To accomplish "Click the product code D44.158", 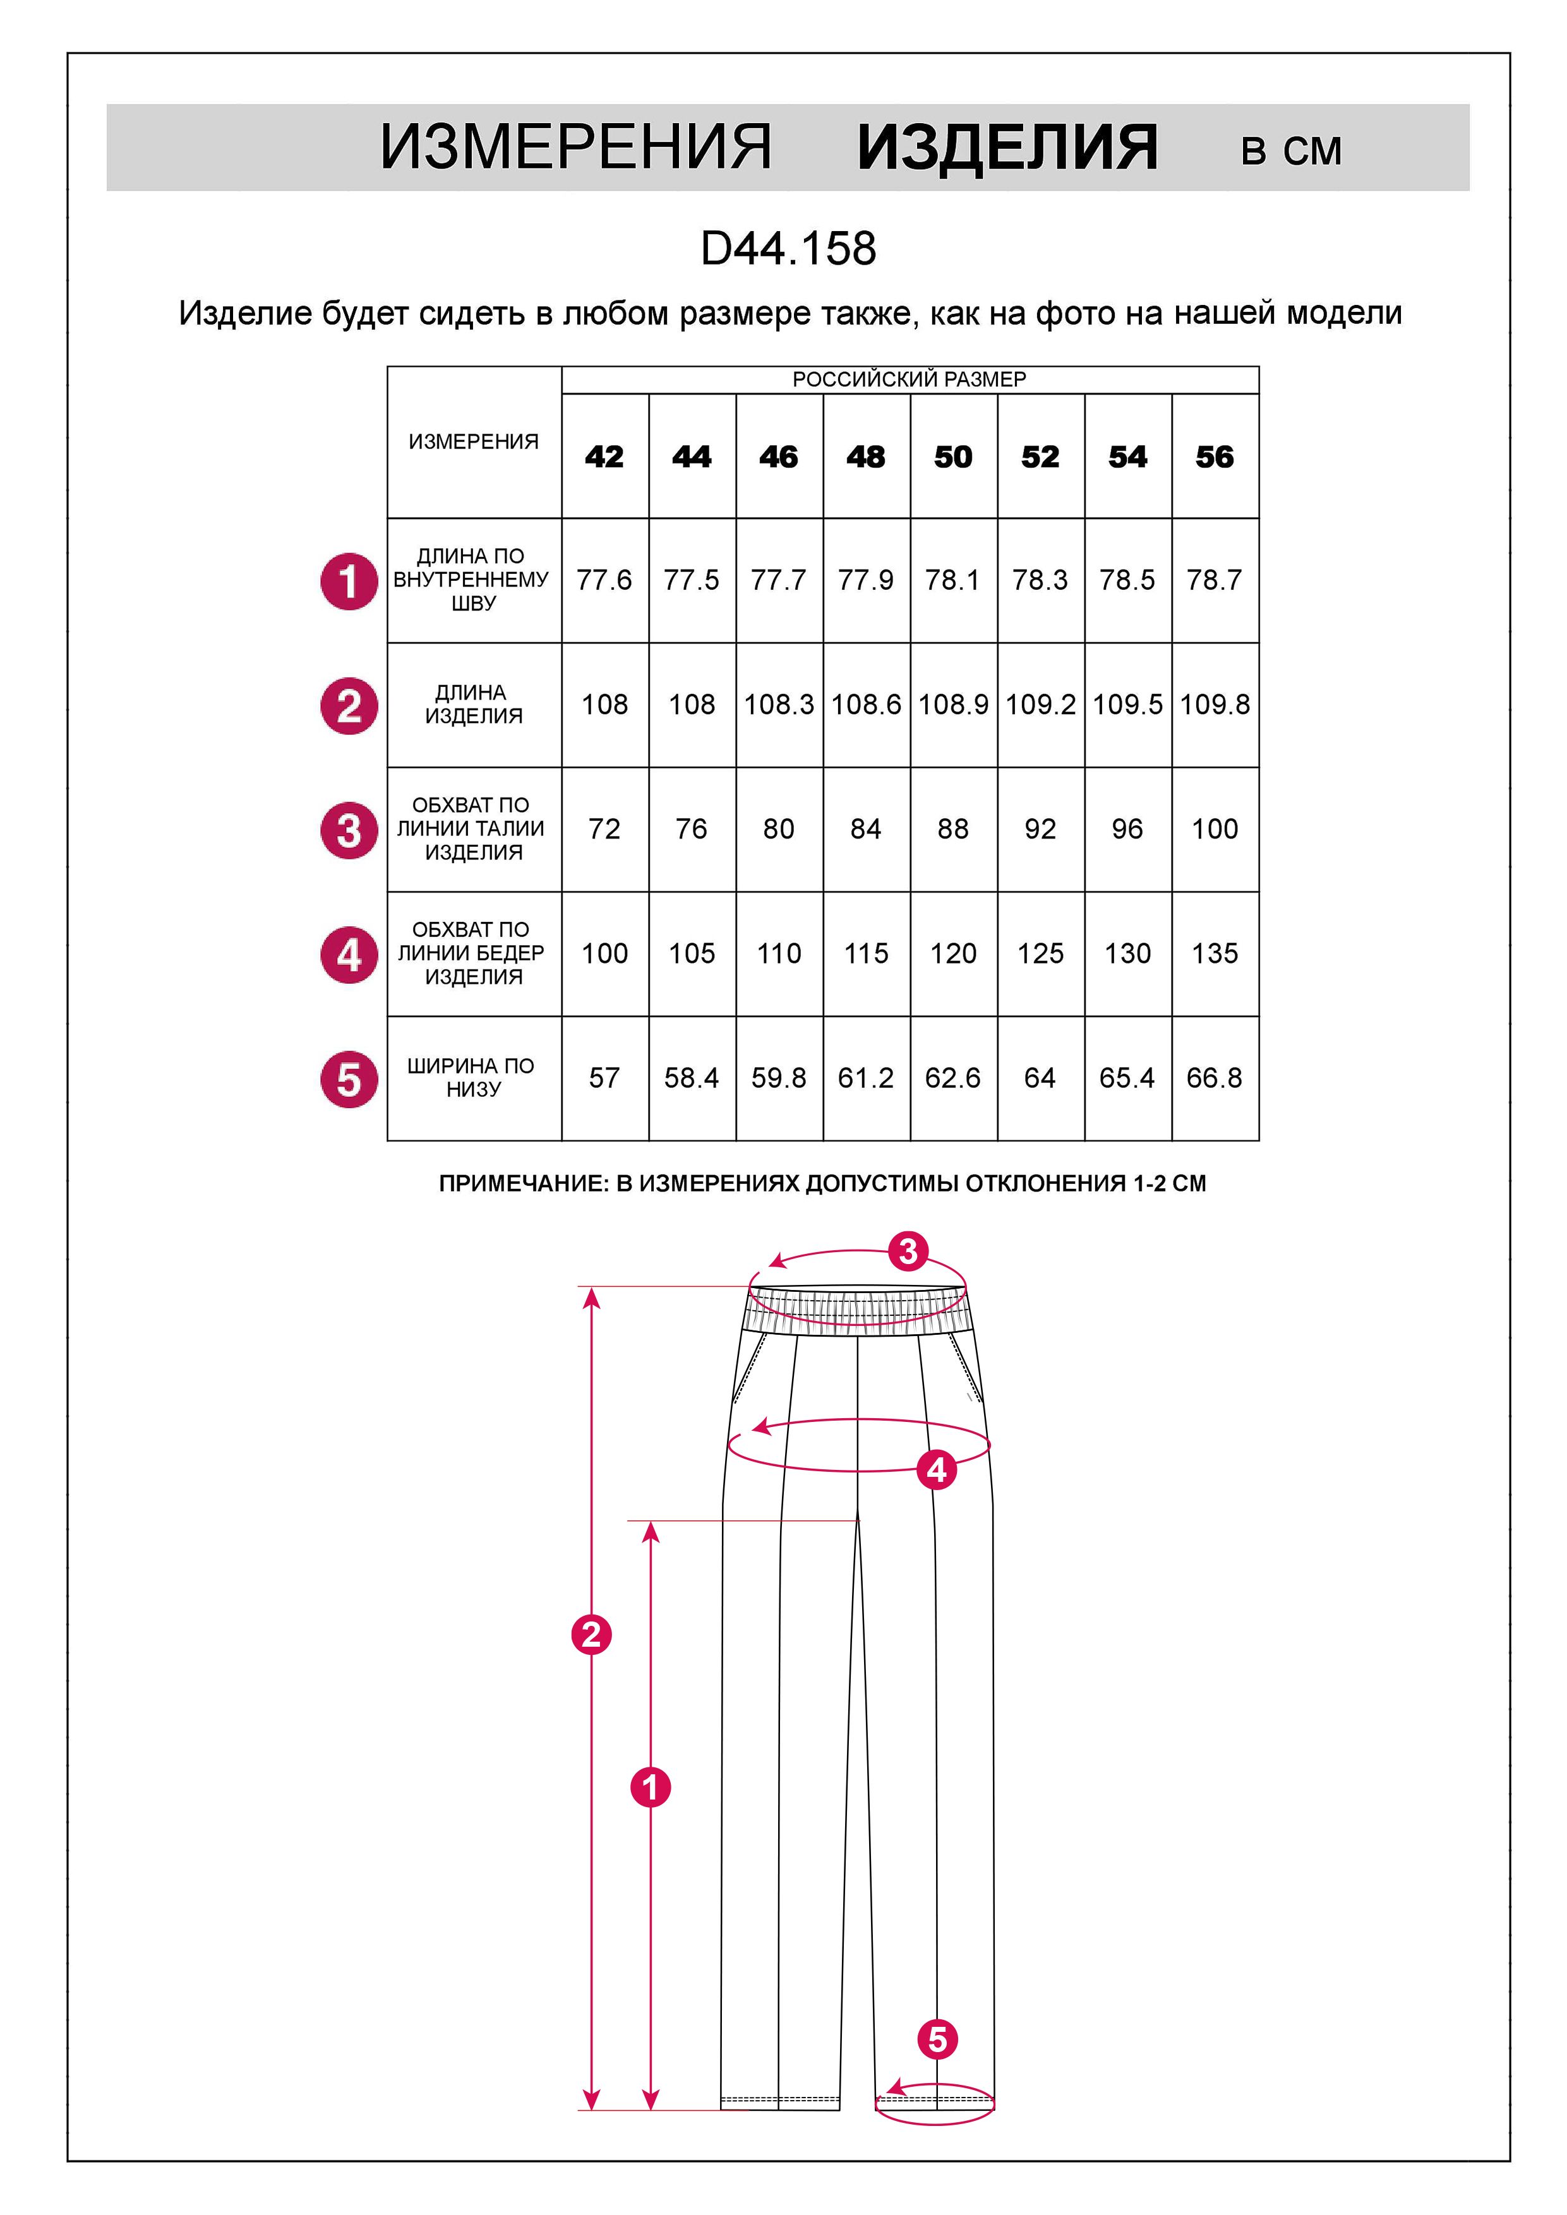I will click(x=788, y=249).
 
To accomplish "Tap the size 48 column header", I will click(x=865, y=457).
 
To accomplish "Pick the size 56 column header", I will click(x=1214, y=457).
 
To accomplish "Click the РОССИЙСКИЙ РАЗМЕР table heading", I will click(x=909, y=379).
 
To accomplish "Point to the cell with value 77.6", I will click(x=604, y=580).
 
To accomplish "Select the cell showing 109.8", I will click(x=1214, y=704).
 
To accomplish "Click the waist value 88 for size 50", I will click(x=952, y=828).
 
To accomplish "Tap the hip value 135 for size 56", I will click(x=1214, y=953).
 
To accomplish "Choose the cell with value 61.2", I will click(x=865, y=1078).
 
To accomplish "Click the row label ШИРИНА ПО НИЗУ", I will click(x=471, y=1078).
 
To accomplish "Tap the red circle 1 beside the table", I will click(x=349, y=581).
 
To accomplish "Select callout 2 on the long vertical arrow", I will click(x=591, y=1634).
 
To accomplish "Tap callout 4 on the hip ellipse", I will click(x=937, y=1470).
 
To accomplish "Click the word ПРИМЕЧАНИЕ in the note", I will click(x=522, y=1184).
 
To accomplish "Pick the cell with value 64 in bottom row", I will click(x=1039, y=1078).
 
